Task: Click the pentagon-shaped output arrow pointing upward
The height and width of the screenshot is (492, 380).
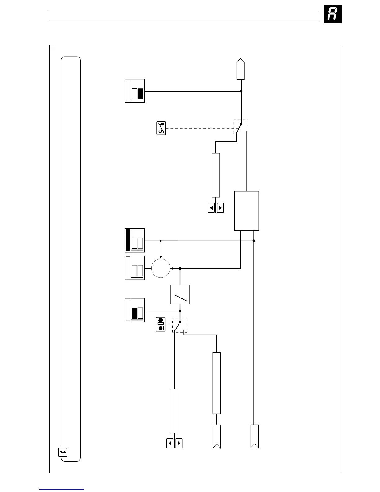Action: point(241,69)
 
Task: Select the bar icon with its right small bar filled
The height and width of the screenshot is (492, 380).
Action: point(135,91)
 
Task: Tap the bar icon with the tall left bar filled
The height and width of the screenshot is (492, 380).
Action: point(135,240)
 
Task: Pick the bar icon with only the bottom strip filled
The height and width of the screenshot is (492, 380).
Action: point(135,268)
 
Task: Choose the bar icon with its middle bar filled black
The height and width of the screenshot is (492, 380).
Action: point(135,310)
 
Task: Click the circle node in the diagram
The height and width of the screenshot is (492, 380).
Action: point(161,268)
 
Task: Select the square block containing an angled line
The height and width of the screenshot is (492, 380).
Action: point(180,294)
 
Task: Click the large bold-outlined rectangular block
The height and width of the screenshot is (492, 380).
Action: point(247,211)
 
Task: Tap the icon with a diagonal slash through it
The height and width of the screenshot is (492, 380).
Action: point(161,128)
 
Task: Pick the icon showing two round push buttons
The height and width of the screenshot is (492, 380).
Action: point(161,324)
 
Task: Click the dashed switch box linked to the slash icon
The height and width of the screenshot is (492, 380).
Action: point(241,127)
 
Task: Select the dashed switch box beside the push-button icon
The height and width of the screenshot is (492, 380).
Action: point(180,325)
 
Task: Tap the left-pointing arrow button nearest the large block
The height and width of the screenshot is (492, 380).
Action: point(211,208)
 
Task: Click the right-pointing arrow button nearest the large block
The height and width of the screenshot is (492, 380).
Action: point(220,208)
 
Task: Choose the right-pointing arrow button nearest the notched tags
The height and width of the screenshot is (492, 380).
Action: point(179,443)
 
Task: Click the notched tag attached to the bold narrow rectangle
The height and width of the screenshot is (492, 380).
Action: point(217,436)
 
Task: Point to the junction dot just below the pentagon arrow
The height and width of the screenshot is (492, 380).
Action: point(241,91)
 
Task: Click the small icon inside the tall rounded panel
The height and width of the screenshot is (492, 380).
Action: point(63,452)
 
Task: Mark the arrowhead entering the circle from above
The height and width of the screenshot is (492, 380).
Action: point(161,257)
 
